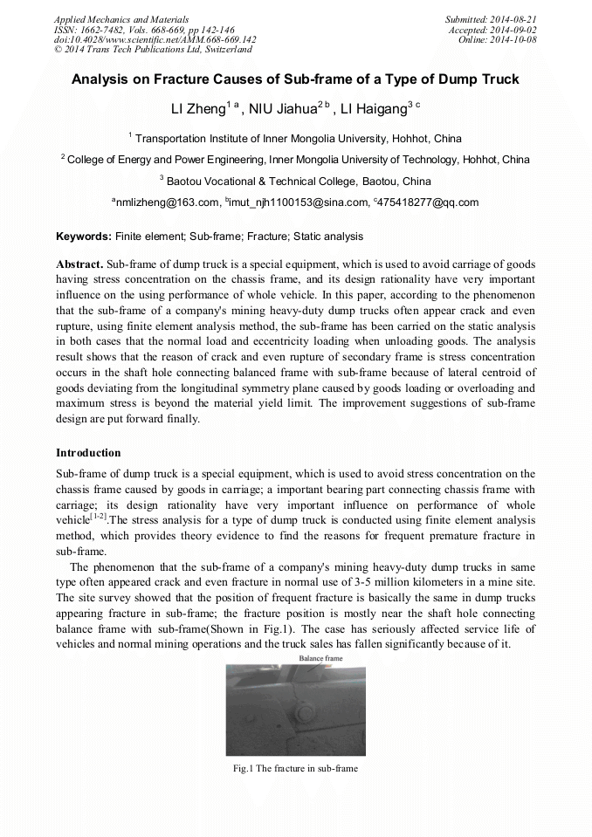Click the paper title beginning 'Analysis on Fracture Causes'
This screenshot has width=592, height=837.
[x=295, y=79]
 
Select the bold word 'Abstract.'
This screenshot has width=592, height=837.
[x=79, y=264]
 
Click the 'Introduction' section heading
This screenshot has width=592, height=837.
[x=88, y=453]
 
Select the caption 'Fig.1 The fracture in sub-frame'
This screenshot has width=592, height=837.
[x=295, y=768]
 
